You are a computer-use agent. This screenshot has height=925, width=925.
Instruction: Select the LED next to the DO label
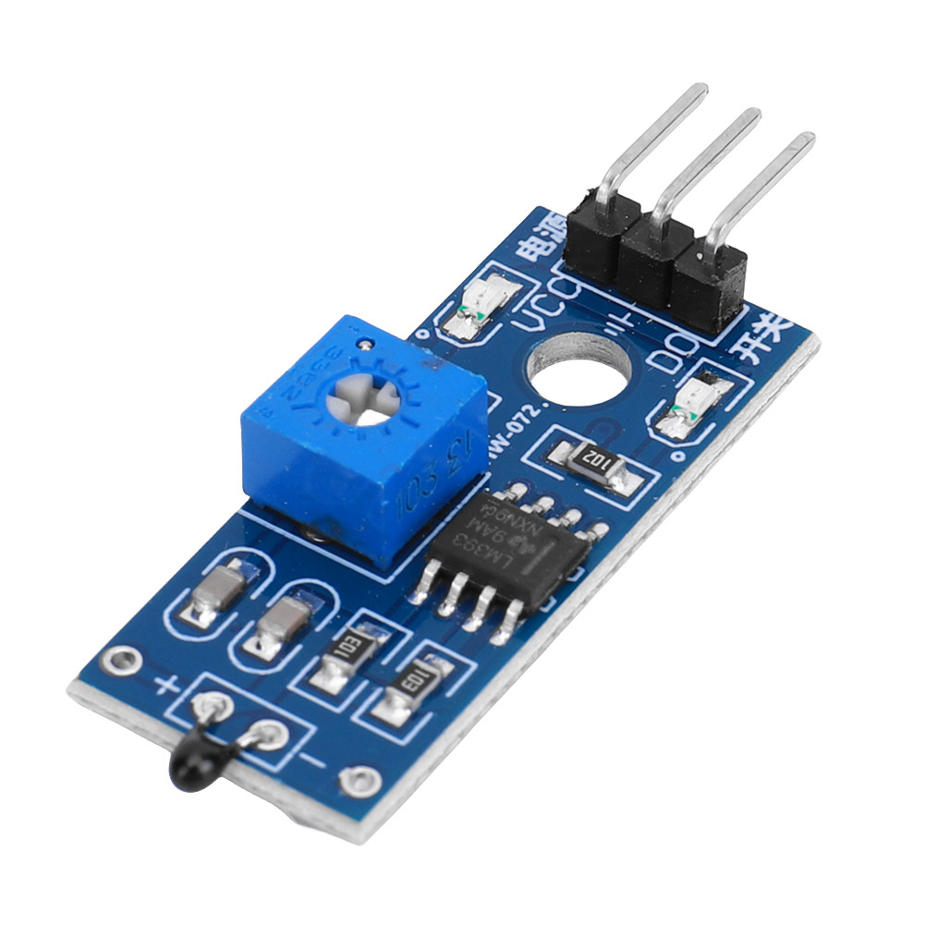coord(692,408)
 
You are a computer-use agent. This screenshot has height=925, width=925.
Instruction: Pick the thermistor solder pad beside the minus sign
coord(269,736)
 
